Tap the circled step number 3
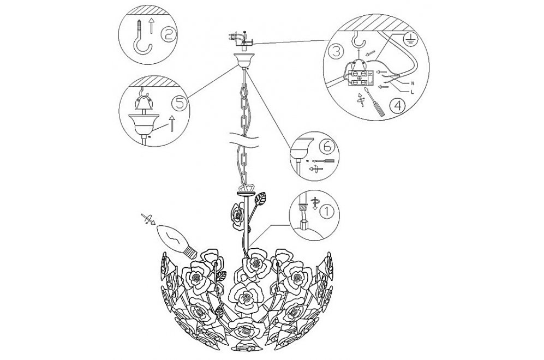click(x=336, y=52)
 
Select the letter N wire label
click(x=413, y=83)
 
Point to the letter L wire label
click(x=413, y=92)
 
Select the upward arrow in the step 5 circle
click(x=171, y=123)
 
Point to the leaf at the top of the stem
click(x=260, y=200)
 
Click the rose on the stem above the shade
click(x=238, y=216)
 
